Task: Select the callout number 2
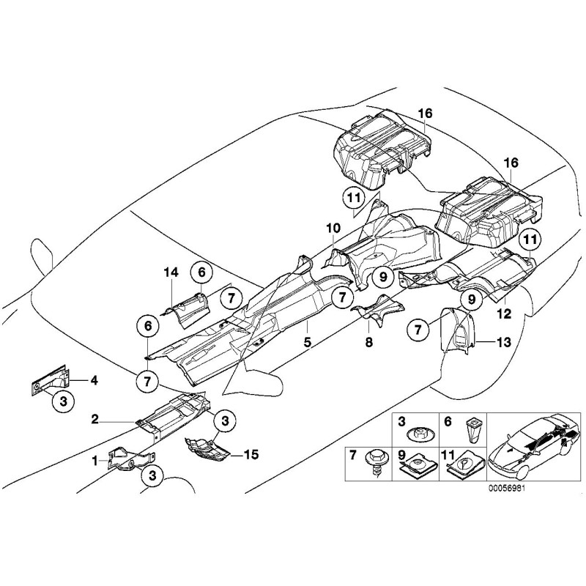point(95,420)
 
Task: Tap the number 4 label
point(94,379)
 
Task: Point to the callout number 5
point(308,341)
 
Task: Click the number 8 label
point(368,341)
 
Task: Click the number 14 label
point(171,272)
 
